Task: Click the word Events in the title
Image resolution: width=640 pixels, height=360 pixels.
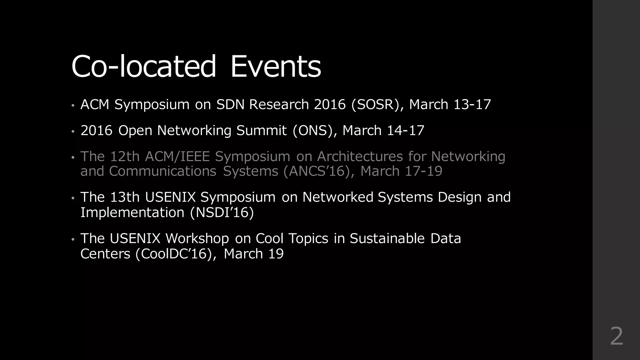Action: (x=275, y=66)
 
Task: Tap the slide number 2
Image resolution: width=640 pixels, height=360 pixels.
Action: (x=616, y=336)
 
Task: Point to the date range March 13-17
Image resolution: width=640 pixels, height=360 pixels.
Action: (x=450, y=104)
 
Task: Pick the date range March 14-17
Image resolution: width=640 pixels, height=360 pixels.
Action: (x=383, y=130)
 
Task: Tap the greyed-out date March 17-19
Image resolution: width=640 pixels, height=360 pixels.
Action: (x=401, y=171)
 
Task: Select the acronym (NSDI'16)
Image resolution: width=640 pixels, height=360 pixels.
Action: (x=222, y=212)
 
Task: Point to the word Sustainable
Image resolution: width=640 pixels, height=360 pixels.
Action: (x=387, y=238)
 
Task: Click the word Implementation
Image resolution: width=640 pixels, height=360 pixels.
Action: (x=132, y=212)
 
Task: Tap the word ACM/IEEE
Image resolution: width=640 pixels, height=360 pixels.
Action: (x=177, y=156)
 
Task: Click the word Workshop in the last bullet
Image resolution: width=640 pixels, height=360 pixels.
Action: (x=197, y=238)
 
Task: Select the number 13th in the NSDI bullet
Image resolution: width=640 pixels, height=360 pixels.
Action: (x=125, y=197)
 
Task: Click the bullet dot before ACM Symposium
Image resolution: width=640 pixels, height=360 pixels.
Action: (x=73, y=105)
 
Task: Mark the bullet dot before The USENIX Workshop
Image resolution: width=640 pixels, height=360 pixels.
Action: (x=73, y=239)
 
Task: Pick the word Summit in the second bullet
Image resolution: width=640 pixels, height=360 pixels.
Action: (x=261, y=130)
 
